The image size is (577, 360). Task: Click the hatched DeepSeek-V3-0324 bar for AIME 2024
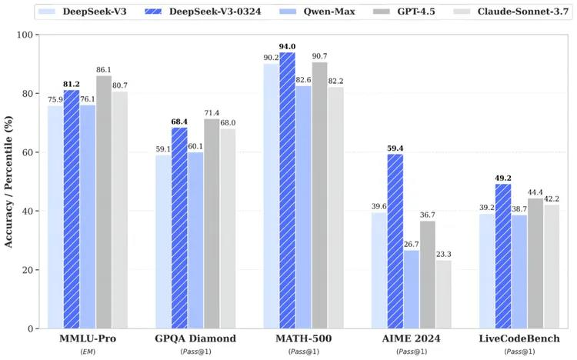[395, 242]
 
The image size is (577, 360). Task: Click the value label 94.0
[287, 46]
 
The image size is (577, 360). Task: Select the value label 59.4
[395, 147]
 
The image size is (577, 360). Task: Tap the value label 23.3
[443, 253]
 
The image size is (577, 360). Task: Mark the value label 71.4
[212, 112]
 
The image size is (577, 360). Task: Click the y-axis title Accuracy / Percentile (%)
[9, 182]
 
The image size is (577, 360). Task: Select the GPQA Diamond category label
[195, 338]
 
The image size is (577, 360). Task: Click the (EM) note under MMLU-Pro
[88, 352]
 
